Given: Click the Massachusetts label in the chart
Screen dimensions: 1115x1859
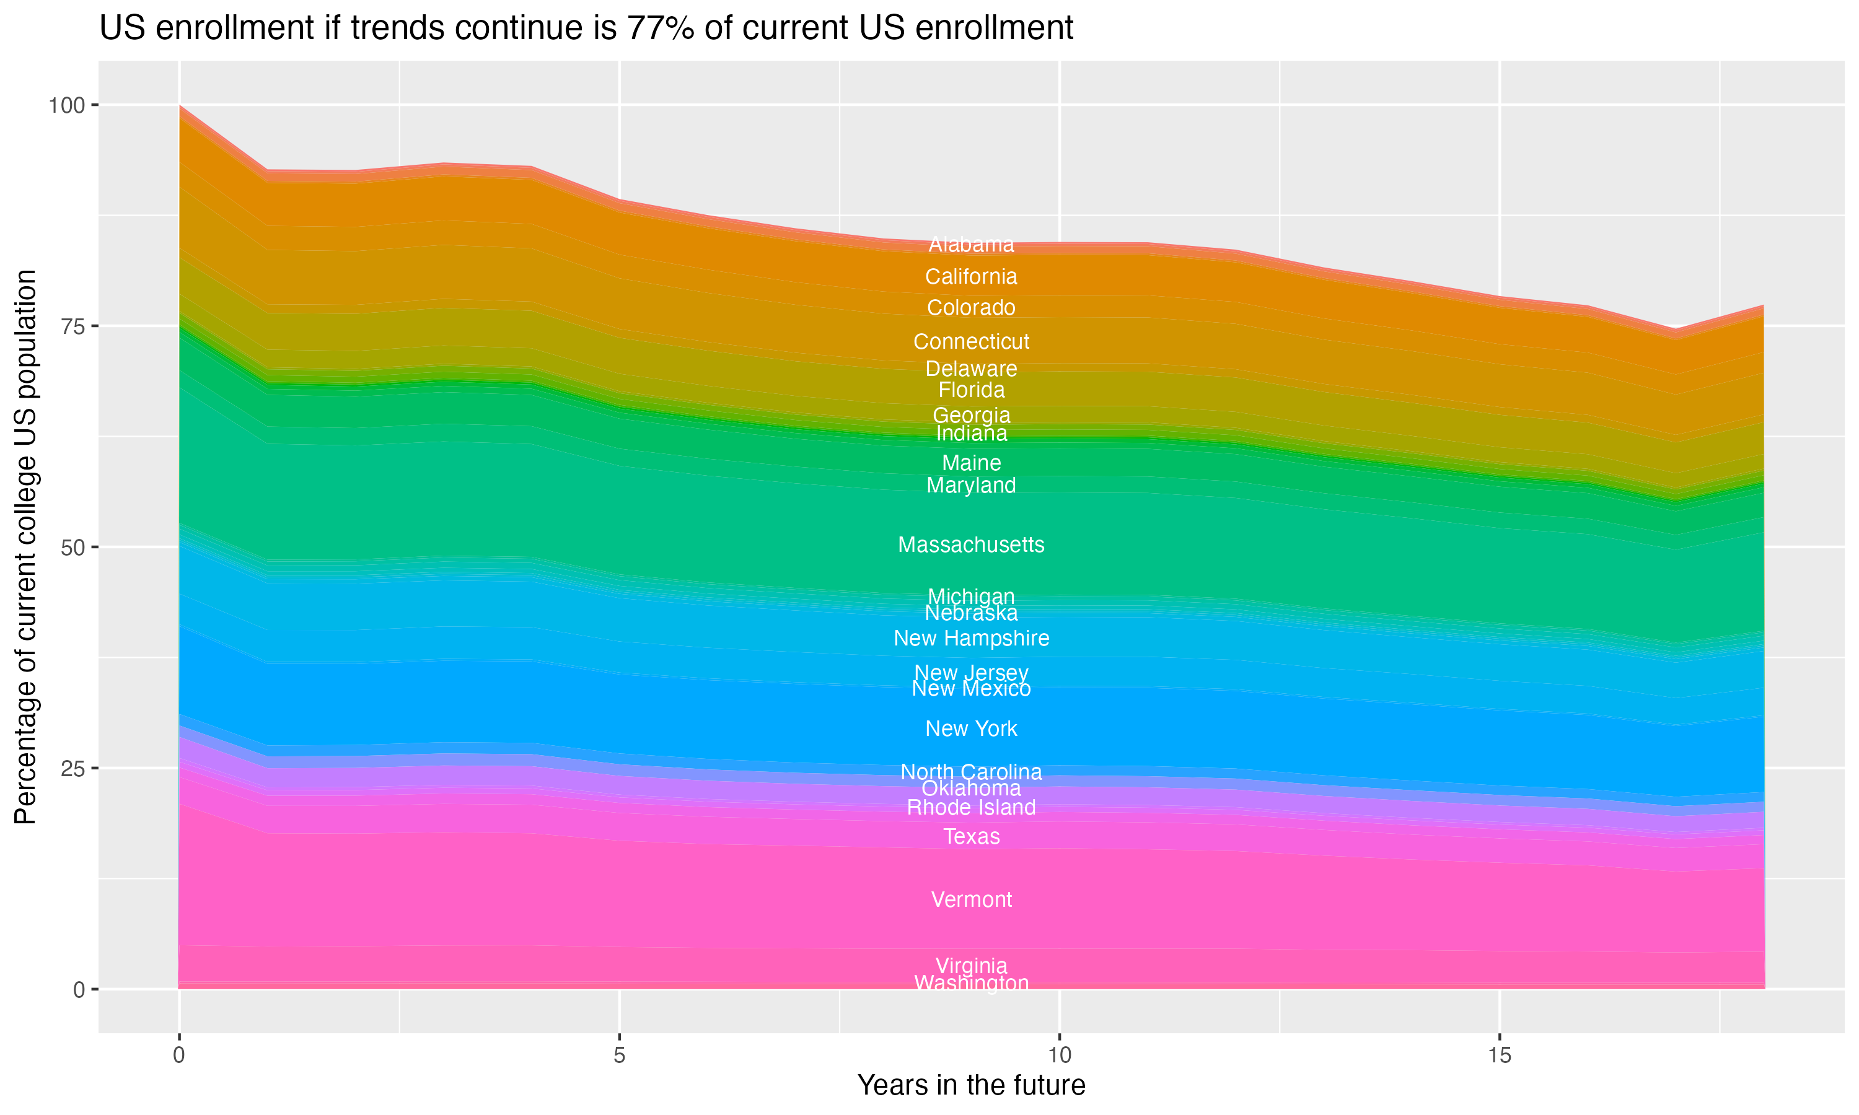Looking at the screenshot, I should [x=971, y=544].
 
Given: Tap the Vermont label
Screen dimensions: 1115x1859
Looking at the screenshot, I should [x=971, y=899].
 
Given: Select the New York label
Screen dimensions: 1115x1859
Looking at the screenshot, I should [x=971, y=729].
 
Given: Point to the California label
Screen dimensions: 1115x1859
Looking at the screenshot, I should [x=971, y=276].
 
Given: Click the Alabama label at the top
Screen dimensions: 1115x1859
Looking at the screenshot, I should [x=971, y=244].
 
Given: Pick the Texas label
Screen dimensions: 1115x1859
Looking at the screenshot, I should [x=971, y=836].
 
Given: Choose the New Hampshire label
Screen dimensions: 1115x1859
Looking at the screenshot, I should [x=971, y=638].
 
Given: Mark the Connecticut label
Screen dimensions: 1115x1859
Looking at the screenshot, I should [x=971, y=341].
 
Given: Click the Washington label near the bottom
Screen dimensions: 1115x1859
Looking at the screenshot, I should [x=971, y=983].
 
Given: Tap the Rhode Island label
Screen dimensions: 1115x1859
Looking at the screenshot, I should [x=971, y=808].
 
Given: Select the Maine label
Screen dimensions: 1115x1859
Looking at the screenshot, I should [x=971, y=463].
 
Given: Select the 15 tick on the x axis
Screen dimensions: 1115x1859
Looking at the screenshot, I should [x=1499, y=1056].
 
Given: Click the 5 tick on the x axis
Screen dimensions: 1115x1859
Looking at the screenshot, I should [x=619, y=1056].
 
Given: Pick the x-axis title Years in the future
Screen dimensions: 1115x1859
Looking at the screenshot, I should [x=971, y=1085].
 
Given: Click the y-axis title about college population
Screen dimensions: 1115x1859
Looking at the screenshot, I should [x=25, y=546].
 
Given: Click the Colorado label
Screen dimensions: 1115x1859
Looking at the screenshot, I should [x=971, y=307].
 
